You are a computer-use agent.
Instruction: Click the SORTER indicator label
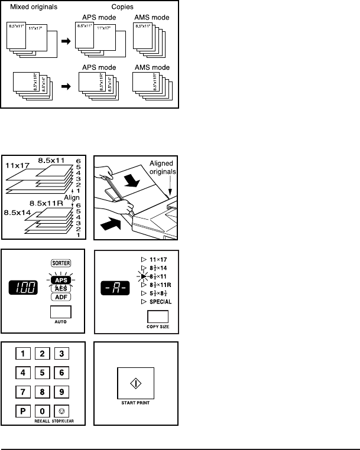tap(57, 263)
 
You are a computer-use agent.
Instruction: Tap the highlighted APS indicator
tap(57, 279)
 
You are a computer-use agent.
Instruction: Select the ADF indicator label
tap(57, 297)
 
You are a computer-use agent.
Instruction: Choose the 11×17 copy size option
tap(156, 259)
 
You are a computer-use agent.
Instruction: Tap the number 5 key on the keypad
tap(42, 373)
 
